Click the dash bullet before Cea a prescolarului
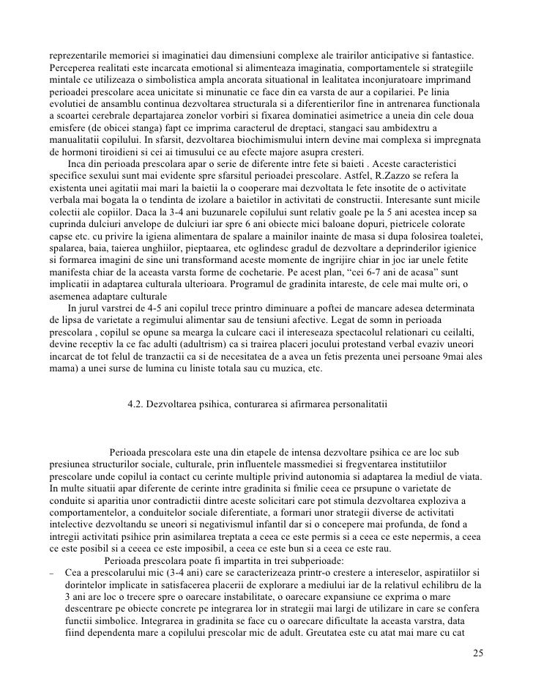52,570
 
